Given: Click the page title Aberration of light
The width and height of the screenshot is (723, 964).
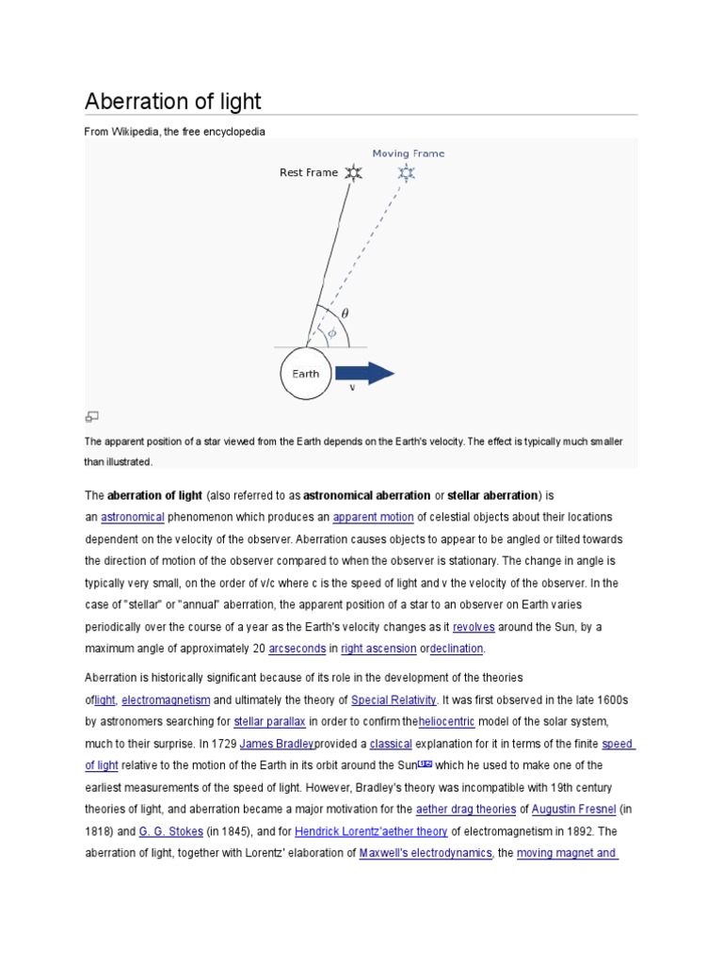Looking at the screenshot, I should click(x=173, y=101).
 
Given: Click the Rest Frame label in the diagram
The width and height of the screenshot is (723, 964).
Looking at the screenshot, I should click(x=308, y=172).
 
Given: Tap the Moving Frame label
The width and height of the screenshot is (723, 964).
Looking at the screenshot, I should click(x=408, y=153).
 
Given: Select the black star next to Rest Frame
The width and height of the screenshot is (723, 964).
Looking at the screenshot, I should click(x=353, y=172).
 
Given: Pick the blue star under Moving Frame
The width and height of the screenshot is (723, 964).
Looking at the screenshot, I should click(x=407, y=172).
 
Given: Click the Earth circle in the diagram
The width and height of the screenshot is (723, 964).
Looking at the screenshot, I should click(x=306, y=374).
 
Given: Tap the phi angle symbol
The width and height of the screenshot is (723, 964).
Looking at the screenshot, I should click(x=331, y=331).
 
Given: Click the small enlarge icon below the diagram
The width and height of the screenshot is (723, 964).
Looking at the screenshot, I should click(x=92, y=416).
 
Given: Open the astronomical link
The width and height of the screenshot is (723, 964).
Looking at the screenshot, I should click(x=133, y=517).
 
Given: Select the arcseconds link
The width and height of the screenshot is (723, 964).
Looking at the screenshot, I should click(x=297, y=649).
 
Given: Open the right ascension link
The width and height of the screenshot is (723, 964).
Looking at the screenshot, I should click(x=377, y=649).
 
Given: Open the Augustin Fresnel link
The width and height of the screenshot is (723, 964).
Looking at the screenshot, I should click(x=574, y=809).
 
